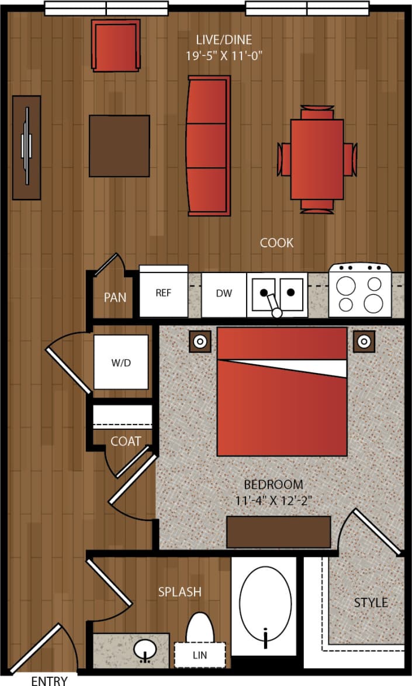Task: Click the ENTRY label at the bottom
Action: pos(49,680)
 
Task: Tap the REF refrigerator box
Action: pos(164,292)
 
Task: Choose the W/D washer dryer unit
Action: pos(122,362)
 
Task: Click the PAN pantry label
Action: pos(115,297)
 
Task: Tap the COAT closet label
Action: pos(126,441)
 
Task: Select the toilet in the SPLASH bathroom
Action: pos(199,629)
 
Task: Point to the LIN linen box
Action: pos(200,655)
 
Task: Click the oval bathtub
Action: pos(266,606)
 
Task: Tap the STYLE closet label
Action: pos(371,602)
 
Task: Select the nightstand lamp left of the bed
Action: pos(200,341)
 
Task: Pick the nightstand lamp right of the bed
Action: pos(363,341)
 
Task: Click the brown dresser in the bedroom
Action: pos(279,532)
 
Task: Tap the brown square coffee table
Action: pos(119,146)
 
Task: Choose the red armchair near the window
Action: pos(116,46)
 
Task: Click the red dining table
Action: pos(317,159)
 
